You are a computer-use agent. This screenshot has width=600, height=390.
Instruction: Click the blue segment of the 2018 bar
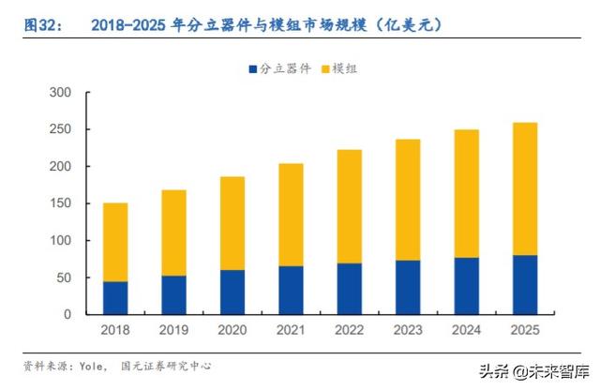[x=115, y=298]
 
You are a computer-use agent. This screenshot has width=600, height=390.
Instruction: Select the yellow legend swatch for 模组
[x=324, y=68]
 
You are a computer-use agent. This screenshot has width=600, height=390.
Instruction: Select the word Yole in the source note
[x=90, y=365]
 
